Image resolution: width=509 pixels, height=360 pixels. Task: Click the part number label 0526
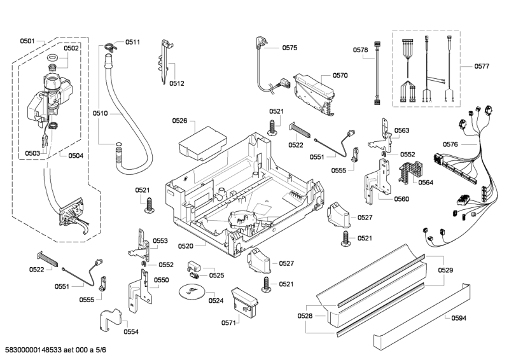click(x=180, y=120)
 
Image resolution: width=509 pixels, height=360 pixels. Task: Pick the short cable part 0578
click(x=377, y=75)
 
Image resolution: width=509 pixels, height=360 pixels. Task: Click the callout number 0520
click(x=186, y=246)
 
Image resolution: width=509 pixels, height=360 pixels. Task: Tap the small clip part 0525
click(x=194, y=267)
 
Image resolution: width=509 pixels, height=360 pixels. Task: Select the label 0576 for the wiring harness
click(x=450, y=144)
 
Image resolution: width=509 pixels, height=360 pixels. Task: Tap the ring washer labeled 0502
click(x=53, y=59)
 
